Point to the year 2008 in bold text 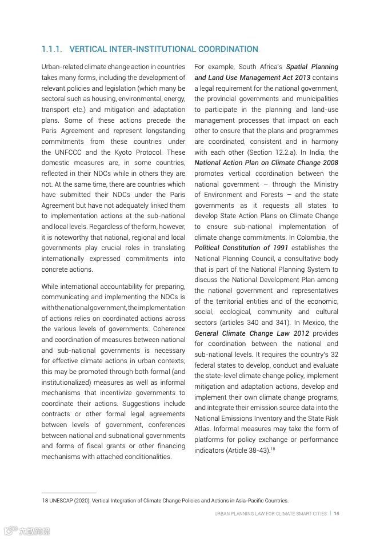(329, 163)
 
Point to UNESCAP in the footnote (61, 501)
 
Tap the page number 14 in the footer (337, 513)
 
